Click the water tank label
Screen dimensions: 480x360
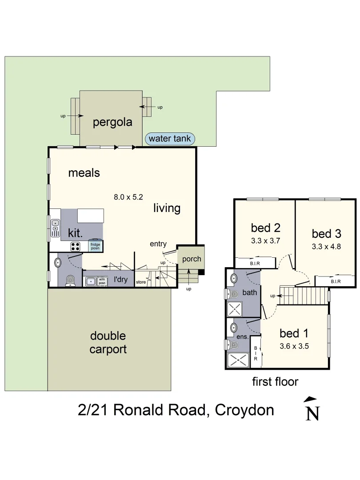coord(170,139)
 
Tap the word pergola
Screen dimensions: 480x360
coord(112,123)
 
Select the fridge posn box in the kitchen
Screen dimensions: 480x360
coord(96,246)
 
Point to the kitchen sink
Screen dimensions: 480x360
coord(56,228)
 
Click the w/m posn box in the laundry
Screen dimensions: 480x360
coord(102,281)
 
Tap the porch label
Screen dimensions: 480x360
coord(192,259)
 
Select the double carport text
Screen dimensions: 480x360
coord(108,343)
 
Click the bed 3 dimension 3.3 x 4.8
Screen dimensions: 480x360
coord(326,246)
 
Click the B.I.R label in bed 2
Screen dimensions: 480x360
coord(255,264)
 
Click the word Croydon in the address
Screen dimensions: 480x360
coord(244,410)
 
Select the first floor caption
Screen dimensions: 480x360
coord(275,381)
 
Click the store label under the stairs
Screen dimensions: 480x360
coord(141,282)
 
